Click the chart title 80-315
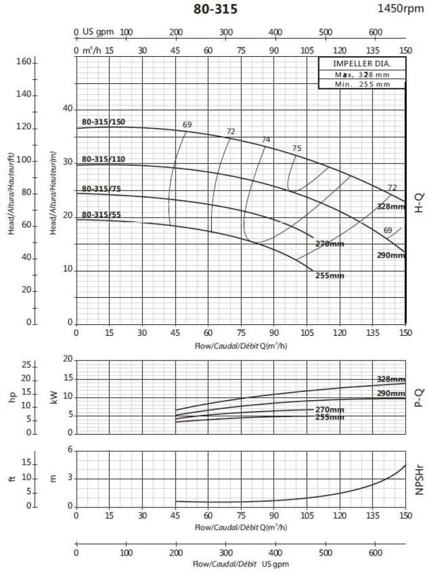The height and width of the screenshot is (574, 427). click(216, 9)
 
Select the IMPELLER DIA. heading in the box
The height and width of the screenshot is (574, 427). click(362, 64)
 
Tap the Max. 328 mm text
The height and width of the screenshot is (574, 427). click(362, 75)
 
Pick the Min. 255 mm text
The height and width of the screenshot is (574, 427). click(362, 84)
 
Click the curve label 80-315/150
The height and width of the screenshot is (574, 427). click(103, 122)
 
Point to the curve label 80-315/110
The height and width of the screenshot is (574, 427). click(103, 159)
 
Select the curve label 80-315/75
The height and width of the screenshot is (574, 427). click(101, 189)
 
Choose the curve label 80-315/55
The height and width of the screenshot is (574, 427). click(101, 215)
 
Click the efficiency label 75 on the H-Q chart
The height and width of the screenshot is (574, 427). click(297, 149)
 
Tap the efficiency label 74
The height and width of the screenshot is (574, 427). click(266, 140)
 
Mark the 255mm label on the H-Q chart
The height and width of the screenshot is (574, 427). click(330, 276)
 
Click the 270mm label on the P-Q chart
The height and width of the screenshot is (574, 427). click(330, 410)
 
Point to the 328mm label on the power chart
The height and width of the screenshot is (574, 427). click(391, 379)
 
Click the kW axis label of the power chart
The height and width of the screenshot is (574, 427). click(55, 397)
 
